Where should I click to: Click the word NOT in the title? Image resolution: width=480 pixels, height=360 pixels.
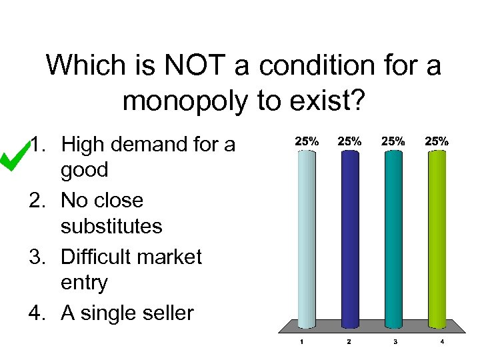tap(214, 66)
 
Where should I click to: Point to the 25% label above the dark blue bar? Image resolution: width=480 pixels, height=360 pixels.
tap(350, 141)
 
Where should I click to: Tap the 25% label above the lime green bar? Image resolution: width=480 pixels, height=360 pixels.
tap(437, 141)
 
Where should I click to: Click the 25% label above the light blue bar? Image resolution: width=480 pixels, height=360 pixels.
tap(306, 141)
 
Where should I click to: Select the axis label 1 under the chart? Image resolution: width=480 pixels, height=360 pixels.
tap(302, 342)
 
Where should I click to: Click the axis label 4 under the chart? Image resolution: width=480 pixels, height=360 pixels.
tap(441, 342)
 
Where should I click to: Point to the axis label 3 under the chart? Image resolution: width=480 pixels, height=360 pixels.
tap(395, 342)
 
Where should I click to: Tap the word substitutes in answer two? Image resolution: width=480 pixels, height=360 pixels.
tap(111, 226)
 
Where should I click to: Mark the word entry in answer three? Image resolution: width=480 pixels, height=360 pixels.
tap(84, 283)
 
